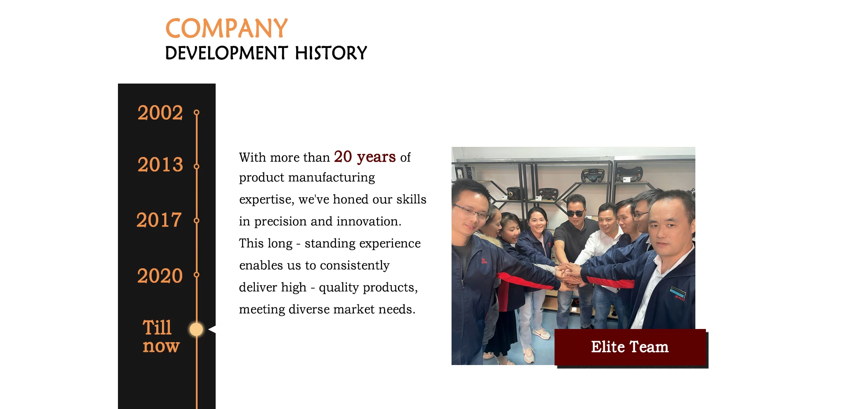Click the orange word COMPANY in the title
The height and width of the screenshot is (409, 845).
click(x=226, y=29)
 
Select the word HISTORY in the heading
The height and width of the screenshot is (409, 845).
click(x=331, y=53)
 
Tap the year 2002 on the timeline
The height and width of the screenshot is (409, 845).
click(x=160, y=113)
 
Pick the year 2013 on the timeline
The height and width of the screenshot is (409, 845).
click(x=160, y=164)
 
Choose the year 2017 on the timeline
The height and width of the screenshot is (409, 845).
click(x=159, y=220)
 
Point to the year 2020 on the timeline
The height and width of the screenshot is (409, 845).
click(x=160, y=276)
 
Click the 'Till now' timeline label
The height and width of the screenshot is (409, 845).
click(x=161, y=336)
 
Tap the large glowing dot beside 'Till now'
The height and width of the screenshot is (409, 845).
click(x=196, y=329)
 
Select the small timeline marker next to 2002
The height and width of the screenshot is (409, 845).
click(x=196, y=113)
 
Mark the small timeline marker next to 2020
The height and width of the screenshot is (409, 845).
click(x=196, y=275)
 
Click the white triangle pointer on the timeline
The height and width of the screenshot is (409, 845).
click(x=212, y=329)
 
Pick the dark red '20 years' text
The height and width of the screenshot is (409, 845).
click(x=365, y=157)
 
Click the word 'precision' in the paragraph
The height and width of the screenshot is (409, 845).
click(x=280, y=222)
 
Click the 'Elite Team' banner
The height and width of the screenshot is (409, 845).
click(x=630, y=347)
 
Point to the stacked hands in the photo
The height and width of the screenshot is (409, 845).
click(x=569, y=275)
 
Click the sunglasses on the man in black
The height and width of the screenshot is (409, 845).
click(x=575, y=213)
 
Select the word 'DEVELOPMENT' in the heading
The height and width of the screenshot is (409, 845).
click(x=226, y=53)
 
